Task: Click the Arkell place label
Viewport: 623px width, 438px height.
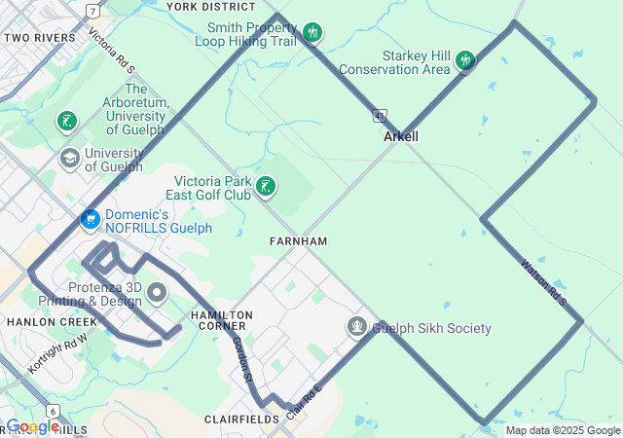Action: pos(401,137)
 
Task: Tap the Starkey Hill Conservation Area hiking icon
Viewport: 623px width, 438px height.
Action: pos(465,60)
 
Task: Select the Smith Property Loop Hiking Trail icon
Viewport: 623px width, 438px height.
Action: pos(311,33)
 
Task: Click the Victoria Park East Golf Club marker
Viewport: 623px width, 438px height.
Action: pos(265,186)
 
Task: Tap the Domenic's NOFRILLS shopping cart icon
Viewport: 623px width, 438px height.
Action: pos(91,220)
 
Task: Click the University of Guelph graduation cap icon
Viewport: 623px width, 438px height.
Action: pos(69,158)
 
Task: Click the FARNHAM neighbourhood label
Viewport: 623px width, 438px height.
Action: pos(298,240)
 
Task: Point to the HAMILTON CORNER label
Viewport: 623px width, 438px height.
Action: pos(222,321)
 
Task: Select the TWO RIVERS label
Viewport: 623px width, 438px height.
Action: pos(40,38)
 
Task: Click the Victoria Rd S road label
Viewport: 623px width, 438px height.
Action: pos(110,50)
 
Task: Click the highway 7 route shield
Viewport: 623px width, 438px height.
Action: pos(92,11)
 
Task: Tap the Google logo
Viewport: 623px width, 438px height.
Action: pos(32,426)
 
